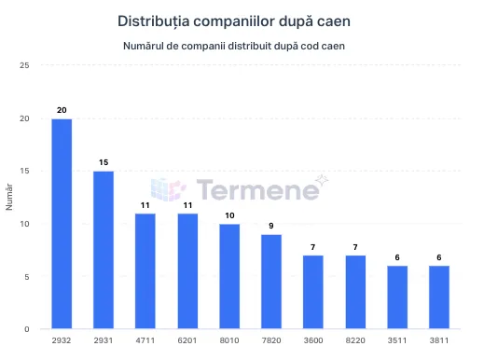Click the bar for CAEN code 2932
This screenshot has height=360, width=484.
point(62,224)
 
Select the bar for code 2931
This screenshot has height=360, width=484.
point(104,250)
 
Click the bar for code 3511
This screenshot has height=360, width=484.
point(397,298)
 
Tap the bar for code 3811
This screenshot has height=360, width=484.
point(439,298)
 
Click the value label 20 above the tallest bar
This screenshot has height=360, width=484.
point(62,110)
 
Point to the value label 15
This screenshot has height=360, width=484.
point(104,162)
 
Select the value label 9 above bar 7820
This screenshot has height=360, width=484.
point(271,226)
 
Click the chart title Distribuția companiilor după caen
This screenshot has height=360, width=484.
point(242,20)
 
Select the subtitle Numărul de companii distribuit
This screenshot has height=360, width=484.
point(242,46)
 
